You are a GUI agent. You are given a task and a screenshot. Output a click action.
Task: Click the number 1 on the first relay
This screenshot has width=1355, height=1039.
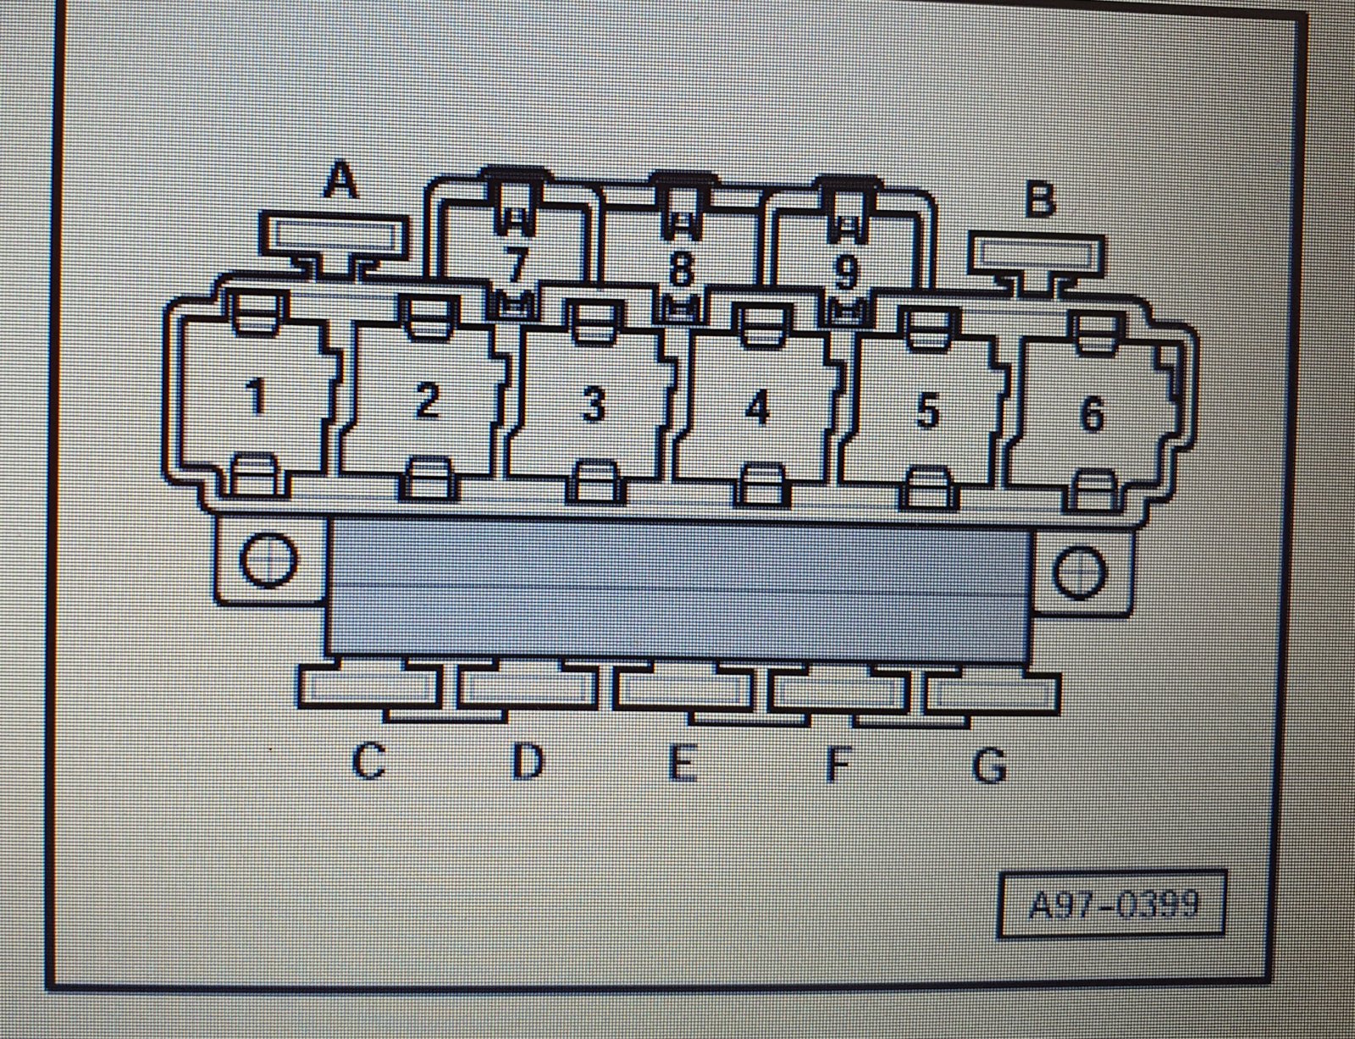(254, 397)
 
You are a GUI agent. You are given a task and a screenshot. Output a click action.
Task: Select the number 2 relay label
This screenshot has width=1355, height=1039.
(427, 401)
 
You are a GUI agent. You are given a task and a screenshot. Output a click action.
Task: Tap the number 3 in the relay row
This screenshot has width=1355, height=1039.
(593, 405)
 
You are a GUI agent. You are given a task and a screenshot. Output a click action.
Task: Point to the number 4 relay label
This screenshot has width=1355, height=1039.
(758, 409)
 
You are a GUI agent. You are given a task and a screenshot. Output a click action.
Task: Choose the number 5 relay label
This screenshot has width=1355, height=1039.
(927, 412)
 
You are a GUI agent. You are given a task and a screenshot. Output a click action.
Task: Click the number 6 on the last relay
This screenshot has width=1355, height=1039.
(1092, 413)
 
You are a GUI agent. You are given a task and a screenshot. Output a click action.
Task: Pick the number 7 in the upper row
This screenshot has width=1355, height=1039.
(515, 266)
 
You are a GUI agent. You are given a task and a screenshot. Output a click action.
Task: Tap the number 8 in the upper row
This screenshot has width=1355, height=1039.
(680, 270)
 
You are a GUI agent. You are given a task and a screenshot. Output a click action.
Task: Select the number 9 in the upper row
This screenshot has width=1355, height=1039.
(845, 273)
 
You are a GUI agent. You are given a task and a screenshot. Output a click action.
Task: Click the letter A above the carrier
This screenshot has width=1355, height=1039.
(341, 180)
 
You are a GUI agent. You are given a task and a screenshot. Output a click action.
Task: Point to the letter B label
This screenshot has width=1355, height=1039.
(1039, 198)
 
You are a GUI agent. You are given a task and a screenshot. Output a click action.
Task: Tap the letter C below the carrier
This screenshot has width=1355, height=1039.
(368, 761)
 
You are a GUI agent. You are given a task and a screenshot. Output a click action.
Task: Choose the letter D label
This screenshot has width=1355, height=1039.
(528, 761)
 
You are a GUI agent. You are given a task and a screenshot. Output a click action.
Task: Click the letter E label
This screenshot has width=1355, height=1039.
(683, 763)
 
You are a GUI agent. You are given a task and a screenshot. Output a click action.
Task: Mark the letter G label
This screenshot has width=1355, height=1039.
(990, 765)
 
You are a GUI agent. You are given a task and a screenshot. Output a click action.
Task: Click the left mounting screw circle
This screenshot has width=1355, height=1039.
(268, 559)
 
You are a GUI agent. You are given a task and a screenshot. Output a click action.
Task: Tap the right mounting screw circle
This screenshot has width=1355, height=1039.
(1081, 572)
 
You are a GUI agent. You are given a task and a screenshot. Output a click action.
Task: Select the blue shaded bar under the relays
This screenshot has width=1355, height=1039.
(677, 589)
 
